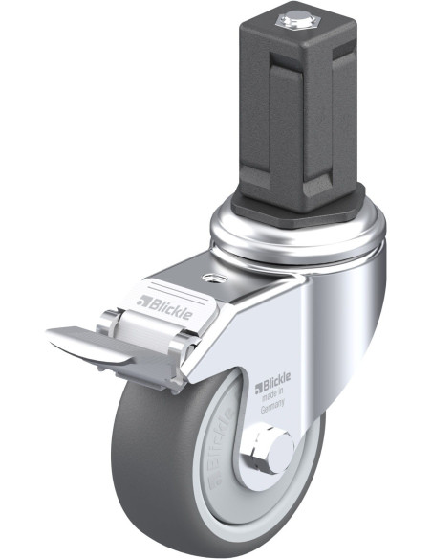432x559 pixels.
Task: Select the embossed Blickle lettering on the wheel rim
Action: [x=221, y=450]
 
